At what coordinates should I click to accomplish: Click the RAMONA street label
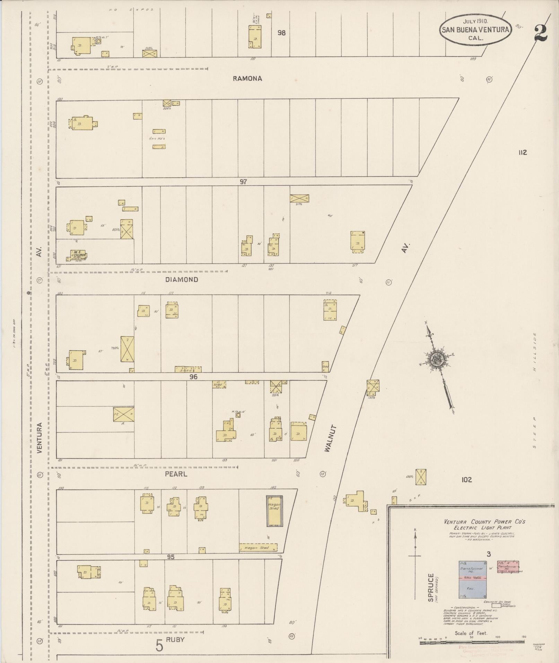pyautogui.click(x=247, y=79)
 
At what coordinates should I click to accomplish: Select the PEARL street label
pyautogui.click(x=176, y=474)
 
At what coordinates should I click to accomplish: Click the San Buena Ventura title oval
pyautogui.click(x=475, y=30)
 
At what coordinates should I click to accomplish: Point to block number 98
pyautogui.click(x=281, y=33)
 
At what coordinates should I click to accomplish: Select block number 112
pyautogui.click(x=523, y=152)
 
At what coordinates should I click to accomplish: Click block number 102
pyautogui.click(x=466, y=480)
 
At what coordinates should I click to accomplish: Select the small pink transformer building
pyautogui.click(x=508, y=567)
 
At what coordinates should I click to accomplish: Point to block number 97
pyautogui.click(x=243, y=182)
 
